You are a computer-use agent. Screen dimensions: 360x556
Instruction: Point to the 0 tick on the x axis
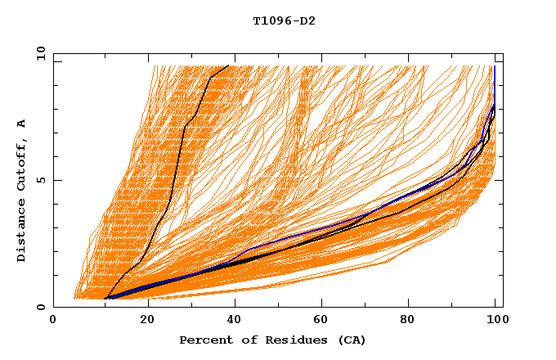click(x=53, y=322)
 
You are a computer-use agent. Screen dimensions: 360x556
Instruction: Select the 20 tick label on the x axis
click(x=141, y=322)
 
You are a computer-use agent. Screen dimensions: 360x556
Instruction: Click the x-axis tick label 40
click(x=231, y=322)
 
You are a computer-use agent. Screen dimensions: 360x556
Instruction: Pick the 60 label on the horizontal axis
click(x=319, y=322)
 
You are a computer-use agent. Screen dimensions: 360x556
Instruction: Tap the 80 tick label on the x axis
click(x=407, y=322)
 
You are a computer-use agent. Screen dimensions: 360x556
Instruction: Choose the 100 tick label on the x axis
click(x=495, y=322)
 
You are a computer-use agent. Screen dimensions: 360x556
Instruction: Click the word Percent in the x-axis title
click(x=204, y=340)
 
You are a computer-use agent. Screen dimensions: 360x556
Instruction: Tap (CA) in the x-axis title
click(x=350, y=340)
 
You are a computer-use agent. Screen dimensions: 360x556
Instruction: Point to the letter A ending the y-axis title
click(x=22, y=124)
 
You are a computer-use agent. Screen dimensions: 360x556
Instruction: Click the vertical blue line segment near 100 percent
click(x=495, y=82)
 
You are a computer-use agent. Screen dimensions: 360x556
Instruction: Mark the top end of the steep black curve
click(x=229, y=65)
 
